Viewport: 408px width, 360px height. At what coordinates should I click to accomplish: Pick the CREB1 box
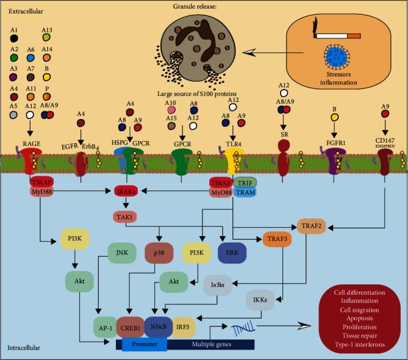coord(130,327)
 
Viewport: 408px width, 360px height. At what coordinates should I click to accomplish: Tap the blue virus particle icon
coord(336,59)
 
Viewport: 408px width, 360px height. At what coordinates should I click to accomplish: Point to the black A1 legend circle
coord(13,38)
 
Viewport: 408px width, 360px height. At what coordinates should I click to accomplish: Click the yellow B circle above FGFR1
coord(334,117)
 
